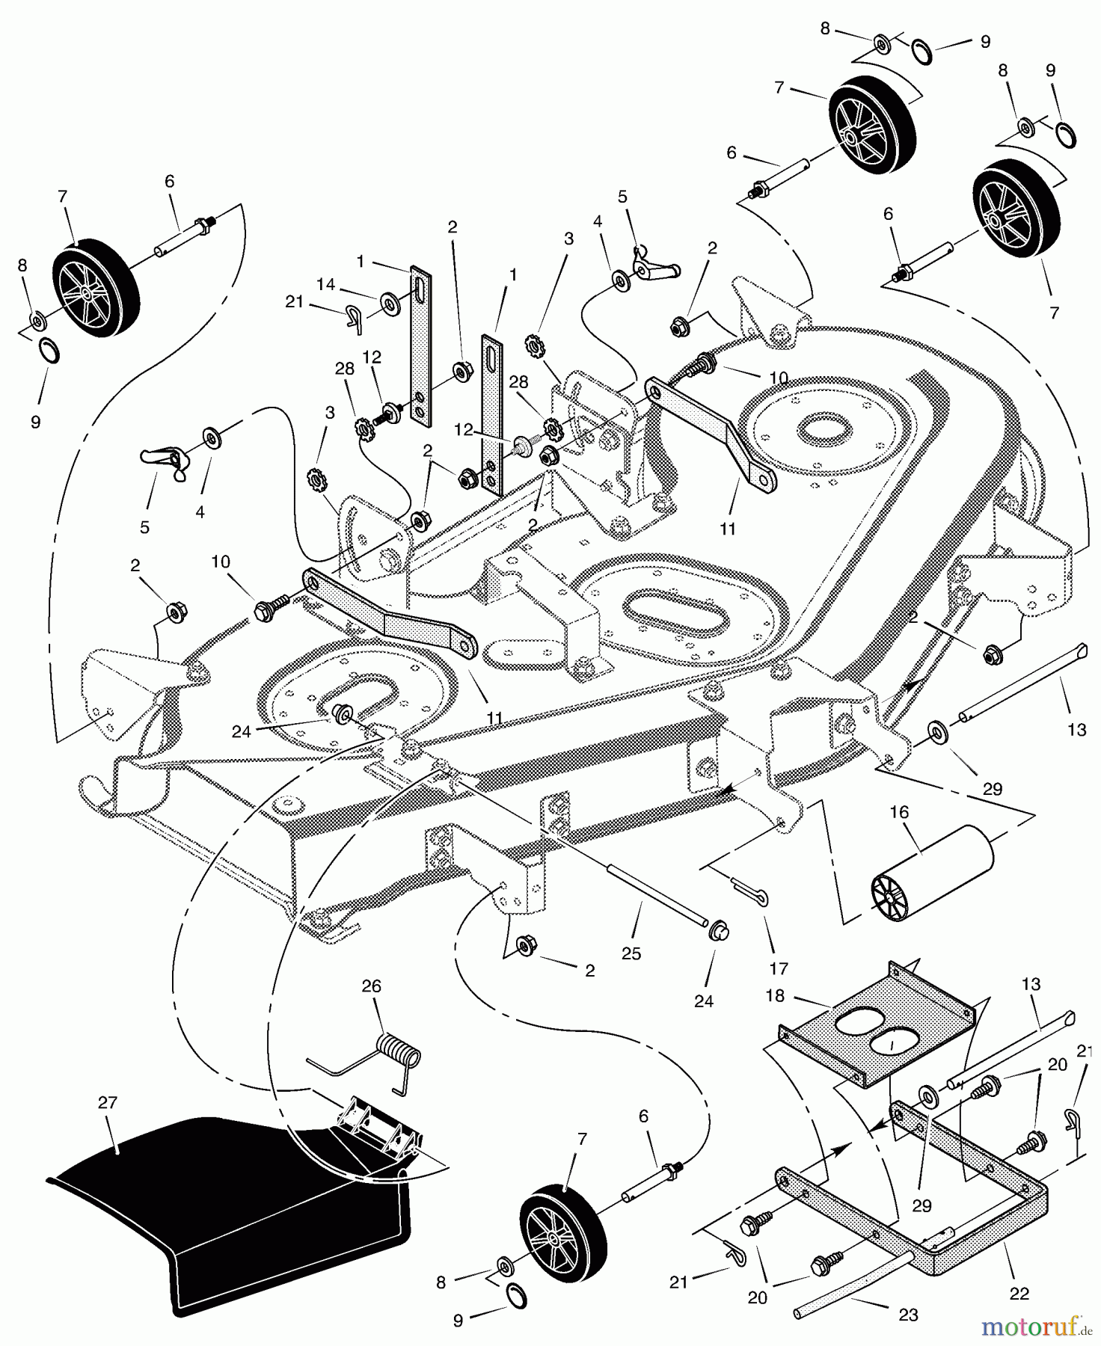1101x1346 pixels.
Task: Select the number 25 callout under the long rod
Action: pos(631,953)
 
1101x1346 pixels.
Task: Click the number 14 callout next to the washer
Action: pos(325,284)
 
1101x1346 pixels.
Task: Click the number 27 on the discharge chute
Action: pos(108,1102)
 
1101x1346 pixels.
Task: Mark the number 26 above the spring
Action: pos(372,986)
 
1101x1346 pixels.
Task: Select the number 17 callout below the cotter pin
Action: pos(779,968)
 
